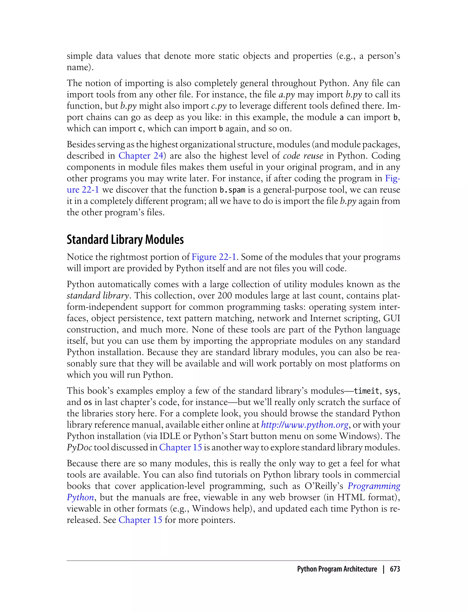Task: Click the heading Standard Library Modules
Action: click(x=125, y=240)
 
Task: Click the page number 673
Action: click(x=395, y=569)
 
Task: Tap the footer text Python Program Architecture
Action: click(x=337, y=569)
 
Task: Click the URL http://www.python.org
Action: click(x=305, y=425)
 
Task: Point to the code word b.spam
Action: click(x=232, y=190)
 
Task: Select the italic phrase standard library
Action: click(x=98, y=296)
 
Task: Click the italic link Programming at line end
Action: click(x=374, y=486)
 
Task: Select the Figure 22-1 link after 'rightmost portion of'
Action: click(x=214, y=257)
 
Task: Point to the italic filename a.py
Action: click(x=286, y=95)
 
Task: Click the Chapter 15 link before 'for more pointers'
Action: click(x=140, y=520)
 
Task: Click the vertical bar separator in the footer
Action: click(x=384, y=569)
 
